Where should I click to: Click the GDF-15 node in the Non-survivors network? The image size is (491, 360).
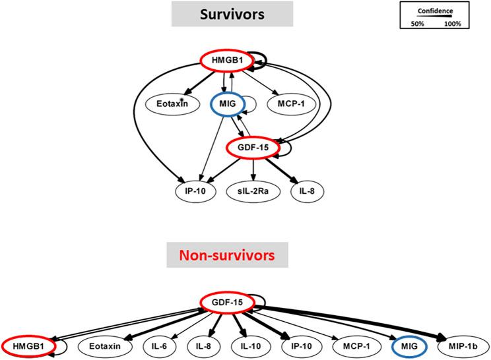[x=228, y=302]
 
